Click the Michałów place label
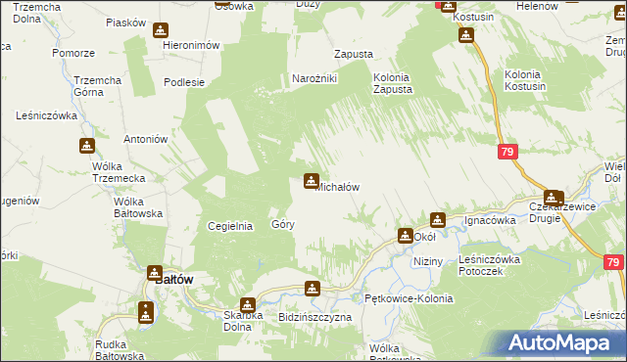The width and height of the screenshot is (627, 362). (339, 187)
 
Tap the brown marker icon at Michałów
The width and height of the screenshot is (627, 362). (312, 181)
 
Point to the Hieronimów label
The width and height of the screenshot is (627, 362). (190, 46)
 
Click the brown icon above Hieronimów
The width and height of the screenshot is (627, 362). (161, 30)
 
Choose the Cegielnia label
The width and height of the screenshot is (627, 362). (231, 226)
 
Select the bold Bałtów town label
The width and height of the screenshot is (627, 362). (174, 279)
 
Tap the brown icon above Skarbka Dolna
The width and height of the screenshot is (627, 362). (247, 304)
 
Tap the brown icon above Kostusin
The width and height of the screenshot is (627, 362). (466, 36)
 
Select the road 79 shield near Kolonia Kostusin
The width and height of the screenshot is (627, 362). (506, 153)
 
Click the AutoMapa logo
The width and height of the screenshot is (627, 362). (563, 342)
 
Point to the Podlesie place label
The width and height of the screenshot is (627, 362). (184, 82)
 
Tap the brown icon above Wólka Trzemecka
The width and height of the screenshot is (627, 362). (87, 147)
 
